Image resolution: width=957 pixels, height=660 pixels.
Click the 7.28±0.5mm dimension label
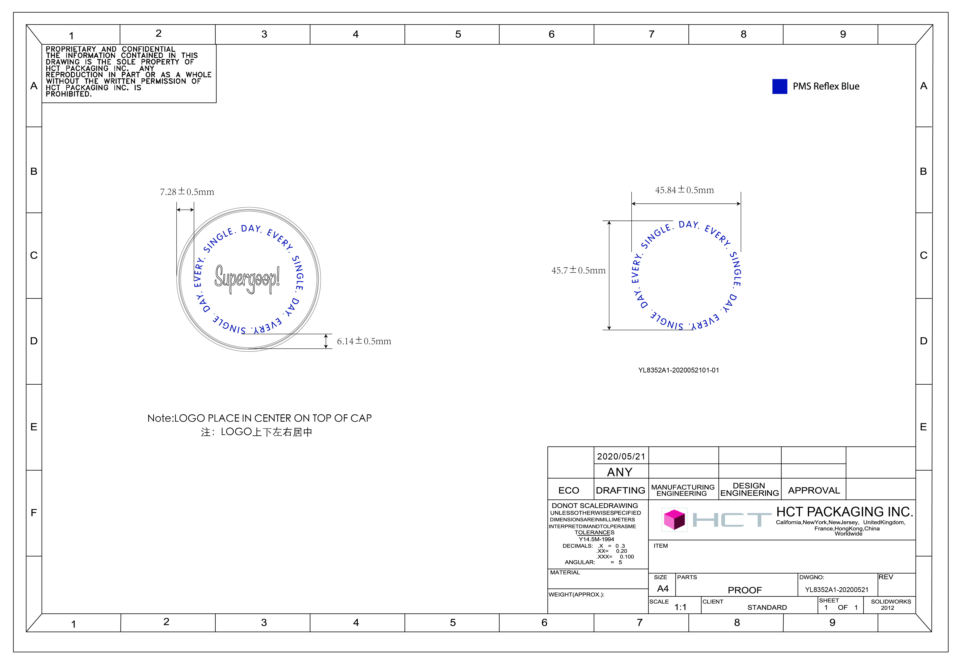point(187,192)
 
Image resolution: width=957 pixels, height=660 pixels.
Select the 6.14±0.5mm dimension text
point(364,341)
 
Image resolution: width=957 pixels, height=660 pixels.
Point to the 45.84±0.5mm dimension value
point(684,190)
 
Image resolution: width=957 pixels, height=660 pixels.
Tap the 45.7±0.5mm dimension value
point(578,271)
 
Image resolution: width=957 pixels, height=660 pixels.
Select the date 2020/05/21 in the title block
point(621,456)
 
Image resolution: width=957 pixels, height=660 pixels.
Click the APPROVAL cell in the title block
point(814,490)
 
